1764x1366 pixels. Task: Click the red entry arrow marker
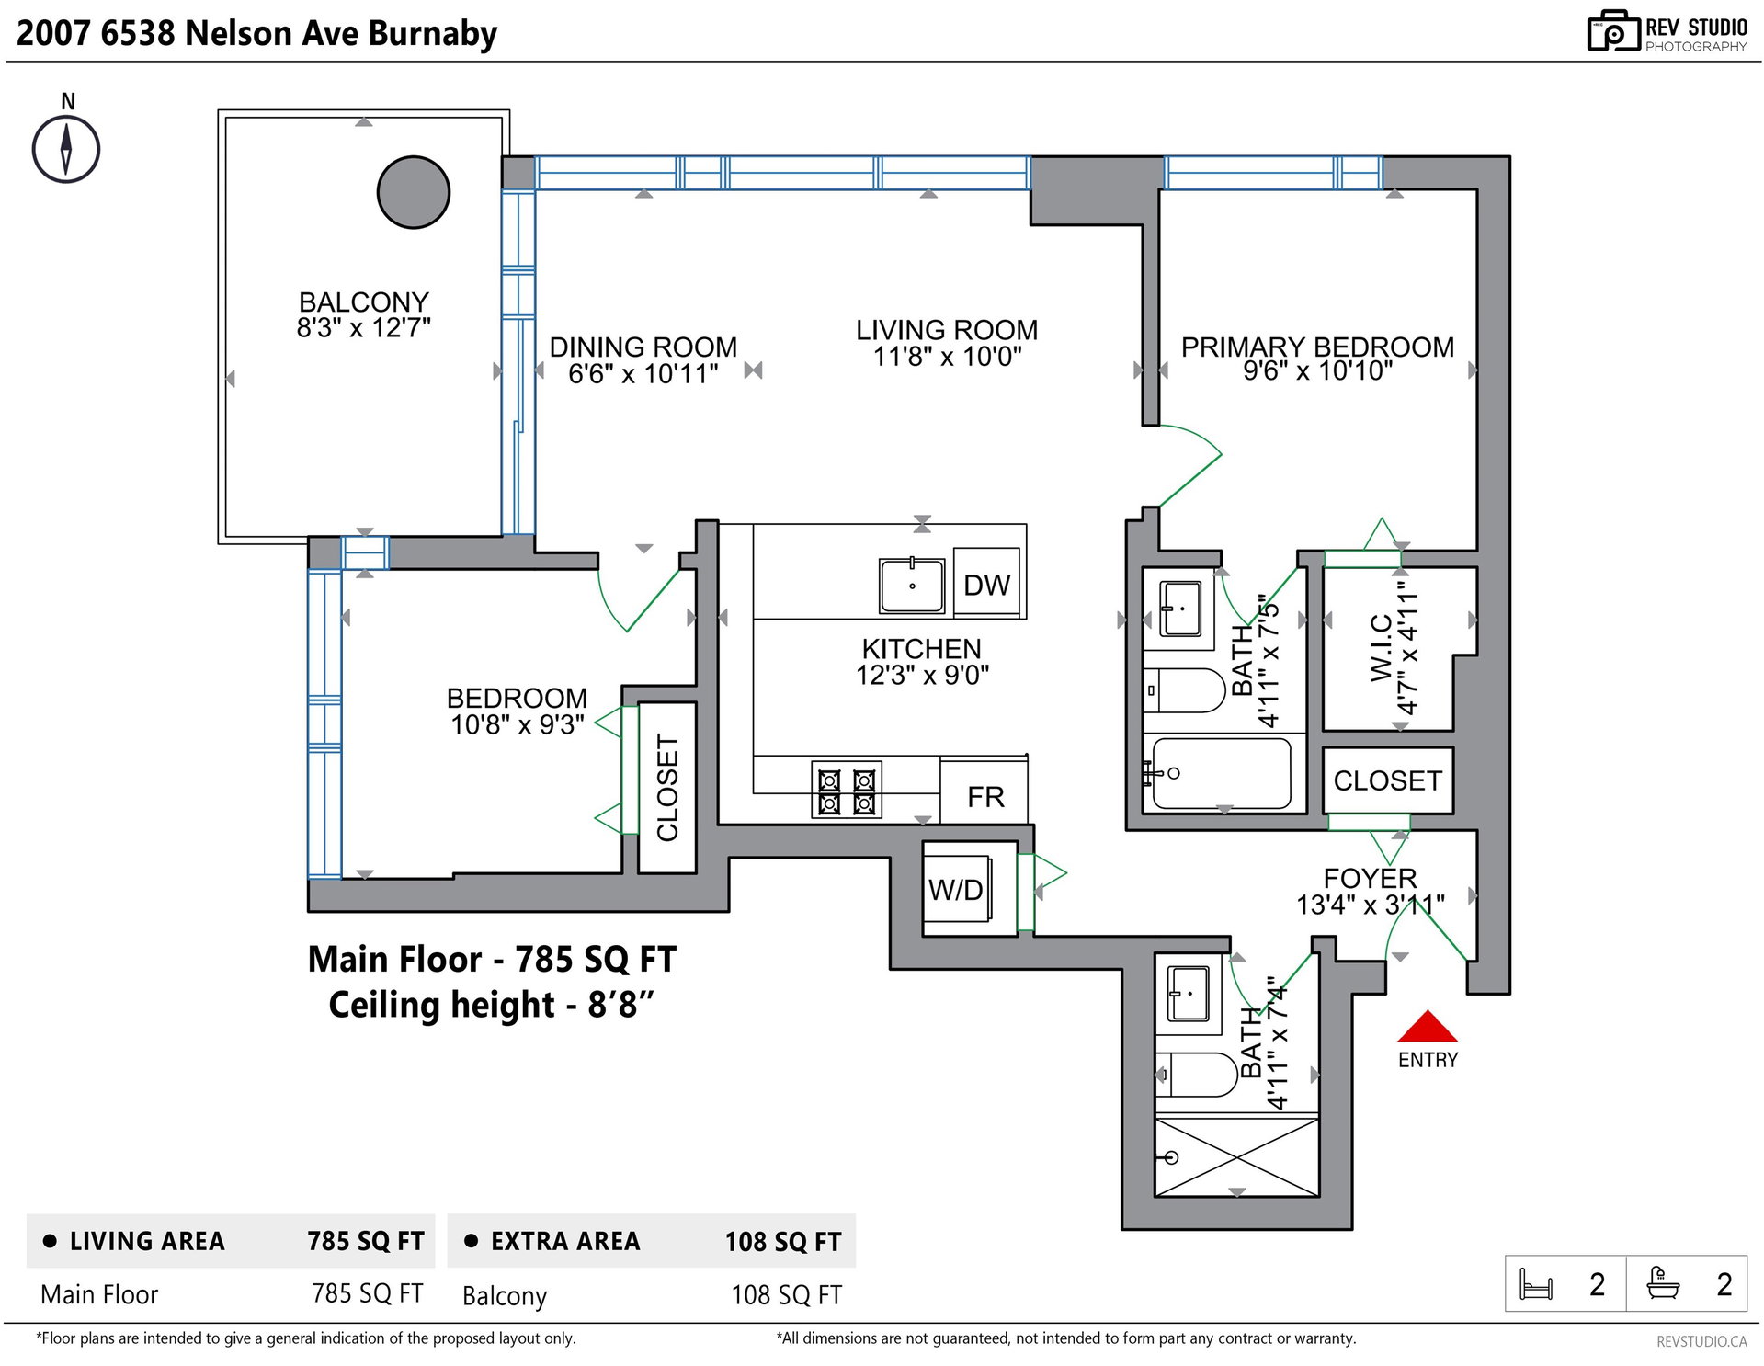[1427, 1026]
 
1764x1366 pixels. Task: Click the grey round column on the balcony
[414, 192]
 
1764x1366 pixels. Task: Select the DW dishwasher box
[986, 583]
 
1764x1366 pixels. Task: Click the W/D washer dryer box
[957, 889]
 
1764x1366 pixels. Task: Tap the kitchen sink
[912, 585]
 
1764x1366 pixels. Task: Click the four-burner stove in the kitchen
[847, 790]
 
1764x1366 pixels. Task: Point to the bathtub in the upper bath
[1222, 773]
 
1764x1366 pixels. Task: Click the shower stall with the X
[1236, 1156]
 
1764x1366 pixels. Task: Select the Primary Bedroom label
[1317, 347]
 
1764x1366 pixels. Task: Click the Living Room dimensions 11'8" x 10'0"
[947, 357]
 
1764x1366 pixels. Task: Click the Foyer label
[1370, 878]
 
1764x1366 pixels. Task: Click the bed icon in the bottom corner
[1535, 1284]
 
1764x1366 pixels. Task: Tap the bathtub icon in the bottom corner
[1663, 1282]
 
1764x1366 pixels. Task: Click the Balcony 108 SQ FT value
[786, 1295]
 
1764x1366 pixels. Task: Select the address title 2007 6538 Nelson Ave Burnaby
[257, 33]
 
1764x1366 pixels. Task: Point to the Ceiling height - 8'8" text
[491, 1004]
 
